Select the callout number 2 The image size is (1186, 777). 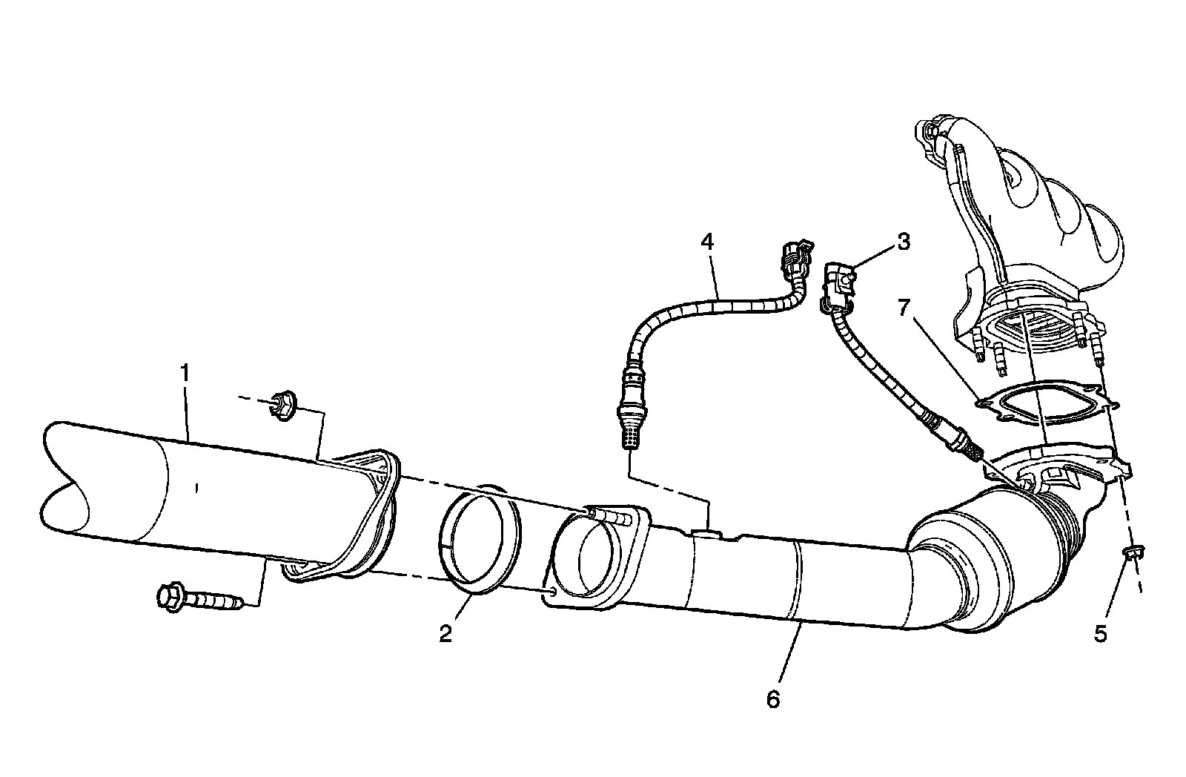[445, 634]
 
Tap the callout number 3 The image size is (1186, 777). [903, 242]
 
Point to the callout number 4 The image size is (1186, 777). [707, 242]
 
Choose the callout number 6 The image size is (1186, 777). [773, 698]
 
